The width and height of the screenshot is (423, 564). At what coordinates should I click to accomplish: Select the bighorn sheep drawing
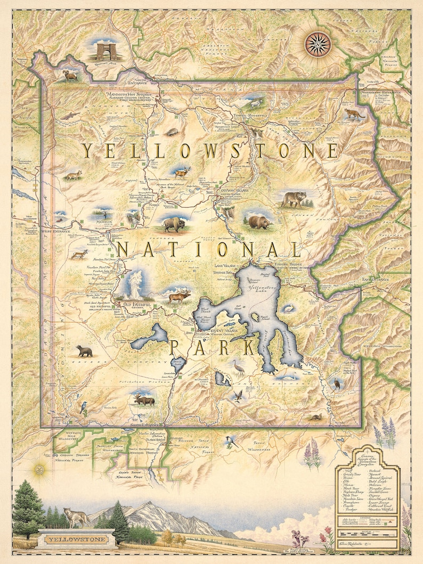(x=71, y=76)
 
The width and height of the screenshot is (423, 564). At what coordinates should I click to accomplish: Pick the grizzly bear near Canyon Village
(x=259, y=222)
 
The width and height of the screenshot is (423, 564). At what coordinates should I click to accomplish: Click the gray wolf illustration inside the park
(x=294, y=199)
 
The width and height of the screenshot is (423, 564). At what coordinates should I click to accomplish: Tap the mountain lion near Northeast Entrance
(x=353, y=113)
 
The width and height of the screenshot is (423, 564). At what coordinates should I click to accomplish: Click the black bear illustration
(x=84, y=350)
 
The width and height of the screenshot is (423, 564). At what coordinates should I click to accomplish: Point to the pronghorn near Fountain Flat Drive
(x=80, y=254)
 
